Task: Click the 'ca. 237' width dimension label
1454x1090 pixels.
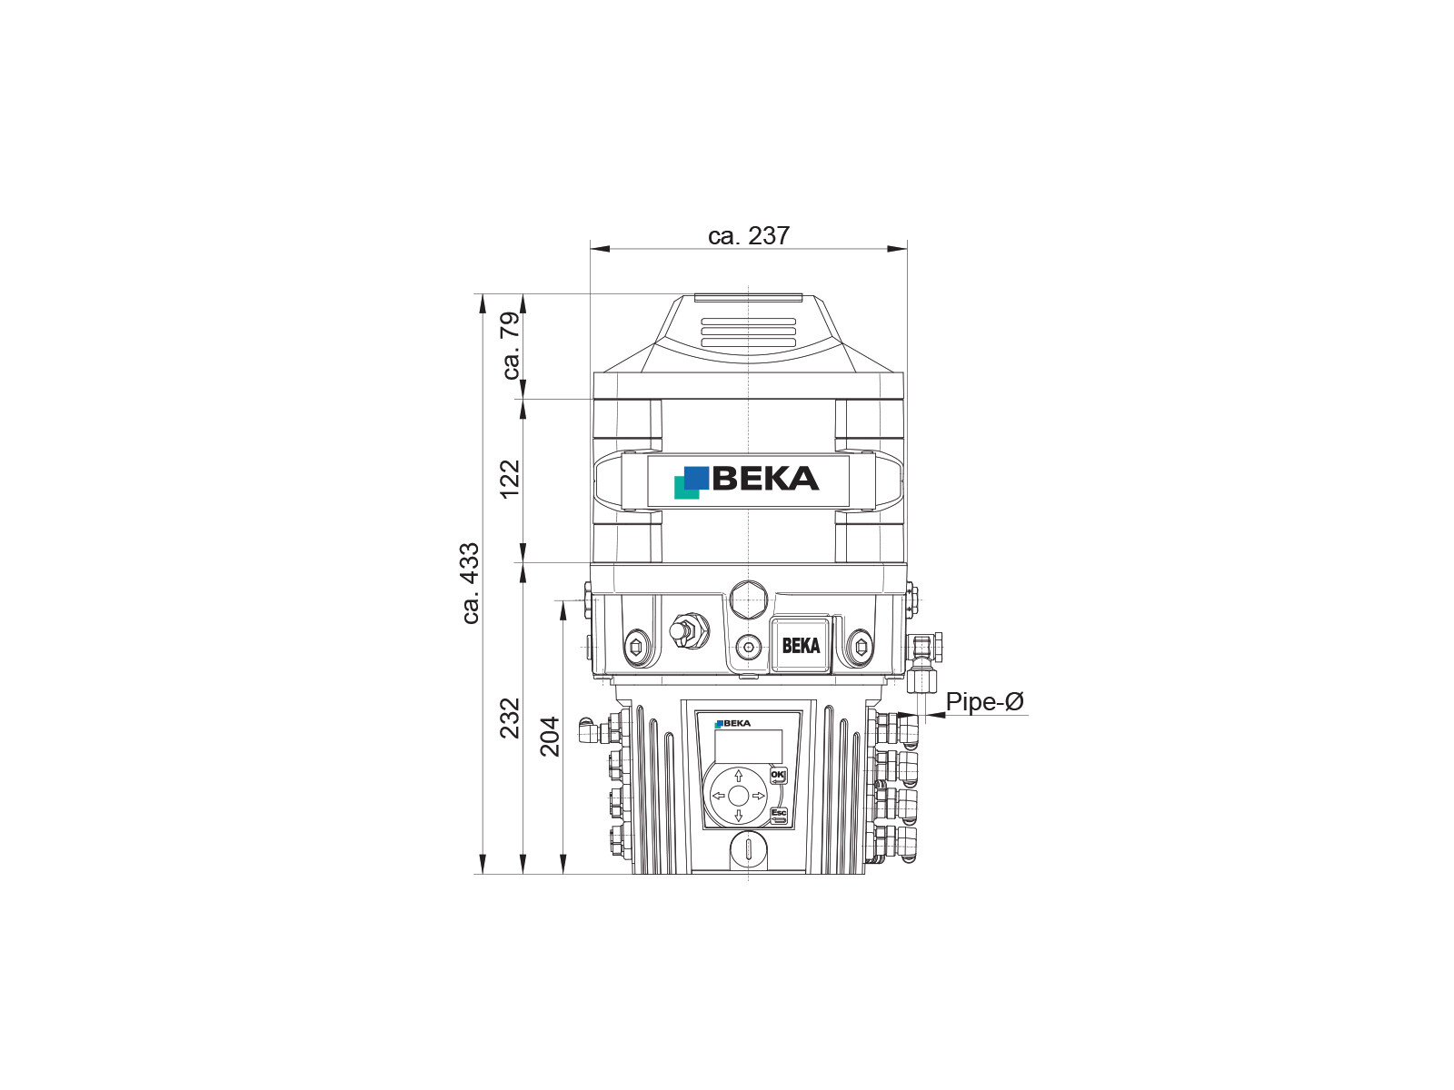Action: [749, 235]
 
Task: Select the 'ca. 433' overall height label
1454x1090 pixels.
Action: [470, 583]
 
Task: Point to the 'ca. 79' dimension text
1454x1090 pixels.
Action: [511, 345]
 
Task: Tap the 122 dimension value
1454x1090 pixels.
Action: [510, 480]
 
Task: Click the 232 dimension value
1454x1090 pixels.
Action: [510, 718]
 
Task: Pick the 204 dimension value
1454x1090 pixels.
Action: [550, 737]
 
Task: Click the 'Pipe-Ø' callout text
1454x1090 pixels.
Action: [985, 701]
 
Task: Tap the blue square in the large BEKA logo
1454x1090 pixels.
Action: [696, 478]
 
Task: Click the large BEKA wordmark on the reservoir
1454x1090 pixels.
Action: [766, 479]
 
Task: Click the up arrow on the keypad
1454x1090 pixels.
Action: [738, 776]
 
